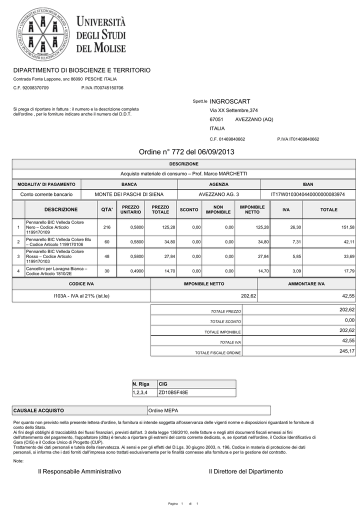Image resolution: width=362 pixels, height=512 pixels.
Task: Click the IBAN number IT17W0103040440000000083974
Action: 311,194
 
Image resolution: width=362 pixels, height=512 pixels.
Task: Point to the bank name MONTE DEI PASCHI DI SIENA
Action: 129,194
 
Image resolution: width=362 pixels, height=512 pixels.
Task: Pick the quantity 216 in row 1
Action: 107,227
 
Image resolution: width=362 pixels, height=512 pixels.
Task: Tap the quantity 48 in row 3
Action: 107,256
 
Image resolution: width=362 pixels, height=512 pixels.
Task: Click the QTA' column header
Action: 107,209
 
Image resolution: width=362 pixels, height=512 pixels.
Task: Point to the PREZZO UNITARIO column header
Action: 130,209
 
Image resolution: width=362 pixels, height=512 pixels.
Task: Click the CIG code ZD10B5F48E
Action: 173,392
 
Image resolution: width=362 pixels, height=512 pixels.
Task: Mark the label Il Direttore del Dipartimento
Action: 245,471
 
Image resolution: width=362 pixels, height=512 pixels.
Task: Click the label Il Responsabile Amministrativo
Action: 79,471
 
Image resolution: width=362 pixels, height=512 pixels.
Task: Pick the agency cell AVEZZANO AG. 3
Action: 218,194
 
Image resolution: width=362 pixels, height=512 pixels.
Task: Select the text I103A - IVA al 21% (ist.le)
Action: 81,296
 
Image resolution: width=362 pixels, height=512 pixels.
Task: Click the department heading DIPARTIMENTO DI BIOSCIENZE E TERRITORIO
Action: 81,70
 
